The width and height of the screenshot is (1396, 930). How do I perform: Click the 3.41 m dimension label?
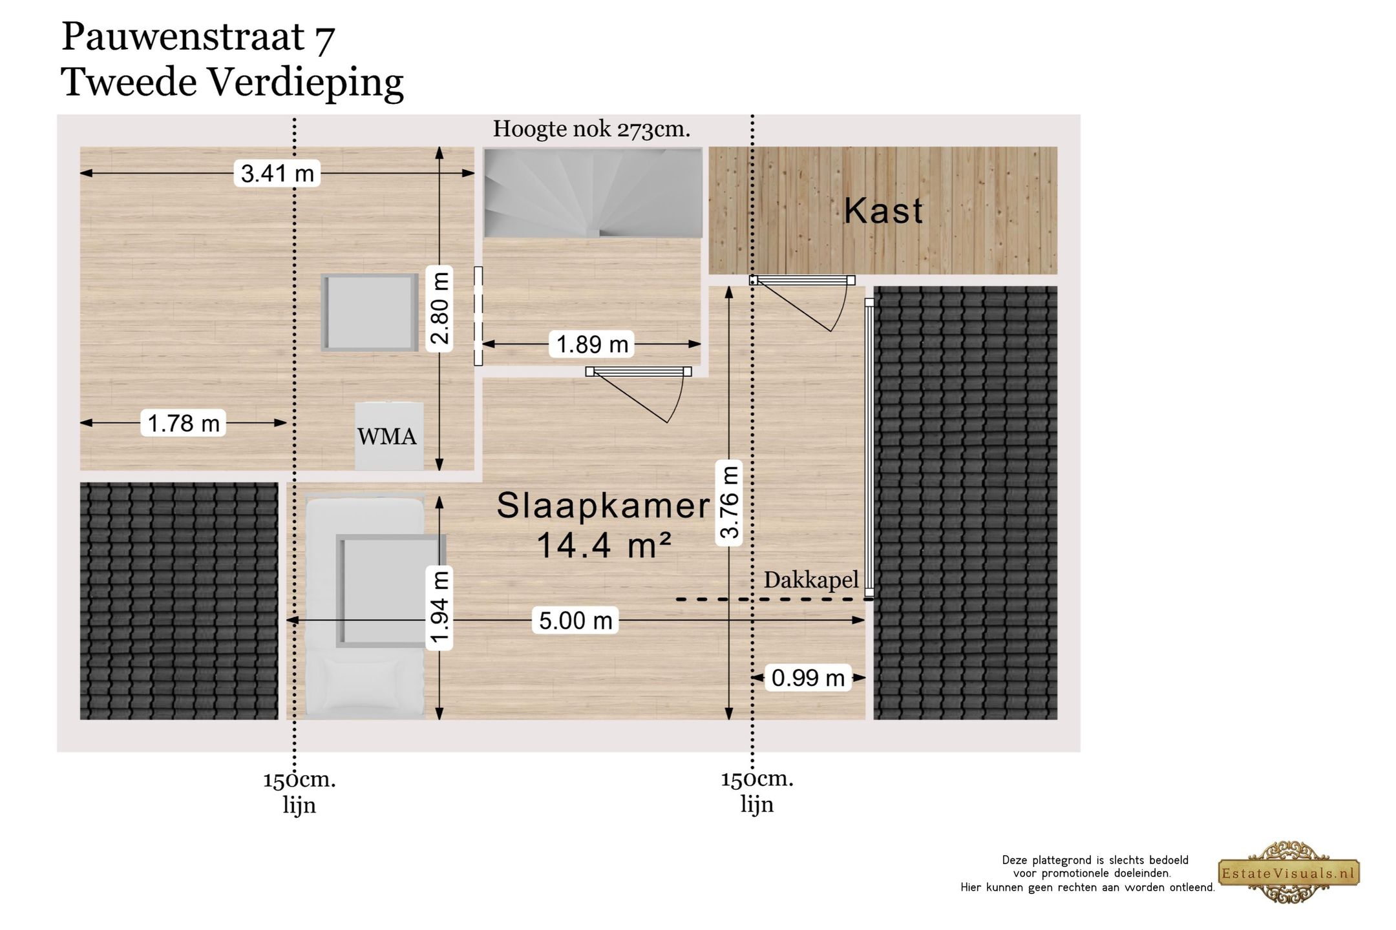[277, 173]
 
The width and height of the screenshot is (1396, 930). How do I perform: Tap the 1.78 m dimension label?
[184, 423]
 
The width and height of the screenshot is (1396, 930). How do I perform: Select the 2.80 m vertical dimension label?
[439, 309]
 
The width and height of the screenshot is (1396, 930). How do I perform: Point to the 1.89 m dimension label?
[592, 344]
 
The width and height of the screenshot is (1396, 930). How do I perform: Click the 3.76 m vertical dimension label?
[729, 503]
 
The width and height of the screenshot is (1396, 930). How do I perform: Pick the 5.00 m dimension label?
[575, 621]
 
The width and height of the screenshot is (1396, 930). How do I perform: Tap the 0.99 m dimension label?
[807, 678]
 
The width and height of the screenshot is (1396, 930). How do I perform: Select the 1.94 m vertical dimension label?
[439, 607]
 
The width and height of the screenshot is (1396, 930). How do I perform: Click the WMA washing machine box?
[388, 436]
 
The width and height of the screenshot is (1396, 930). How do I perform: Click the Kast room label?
[883, 211]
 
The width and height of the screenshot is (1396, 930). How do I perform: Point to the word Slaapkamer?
[603, 505]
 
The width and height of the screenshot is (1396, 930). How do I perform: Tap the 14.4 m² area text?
[604, 546]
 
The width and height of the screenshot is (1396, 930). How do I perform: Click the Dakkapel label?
[811, 580]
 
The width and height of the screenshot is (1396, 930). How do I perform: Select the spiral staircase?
[593, 192]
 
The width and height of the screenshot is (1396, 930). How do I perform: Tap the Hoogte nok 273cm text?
[591, 129]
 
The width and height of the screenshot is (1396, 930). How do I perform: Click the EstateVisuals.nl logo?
[1289, 873]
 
